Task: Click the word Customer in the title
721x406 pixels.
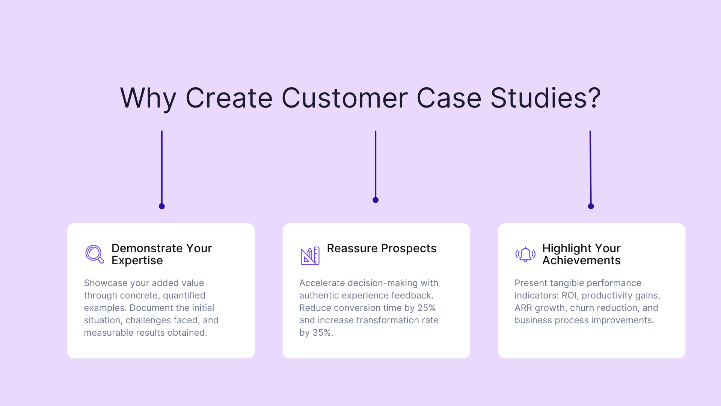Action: pos(344,98)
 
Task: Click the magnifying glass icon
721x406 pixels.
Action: pos(94,255)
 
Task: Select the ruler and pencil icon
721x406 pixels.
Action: pos(310,256)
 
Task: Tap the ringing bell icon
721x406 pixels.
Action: pos(525,255)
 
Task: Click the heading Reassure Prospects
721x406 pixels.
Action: pos(382,248)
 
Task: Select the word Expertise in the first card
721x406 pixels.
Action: pos(137,261)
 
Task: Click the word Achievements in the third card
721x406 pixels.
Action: pos(581,261)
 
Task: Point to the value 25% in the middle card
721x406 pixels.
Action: pos(426,308)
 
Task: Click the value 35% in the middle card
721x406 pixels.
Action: pos(322,333)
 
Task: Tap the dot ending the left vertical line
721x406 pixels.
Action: pos(162,206)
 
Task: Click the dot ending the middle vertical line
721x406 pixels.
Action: pos(376,200)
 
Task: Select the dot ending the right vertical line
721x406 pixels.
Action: pos(591,206)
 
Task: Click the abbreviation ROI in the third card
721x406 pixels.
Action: pos(570,295)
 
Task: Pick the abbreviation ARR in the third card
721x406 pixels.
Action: pos(523,308)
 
